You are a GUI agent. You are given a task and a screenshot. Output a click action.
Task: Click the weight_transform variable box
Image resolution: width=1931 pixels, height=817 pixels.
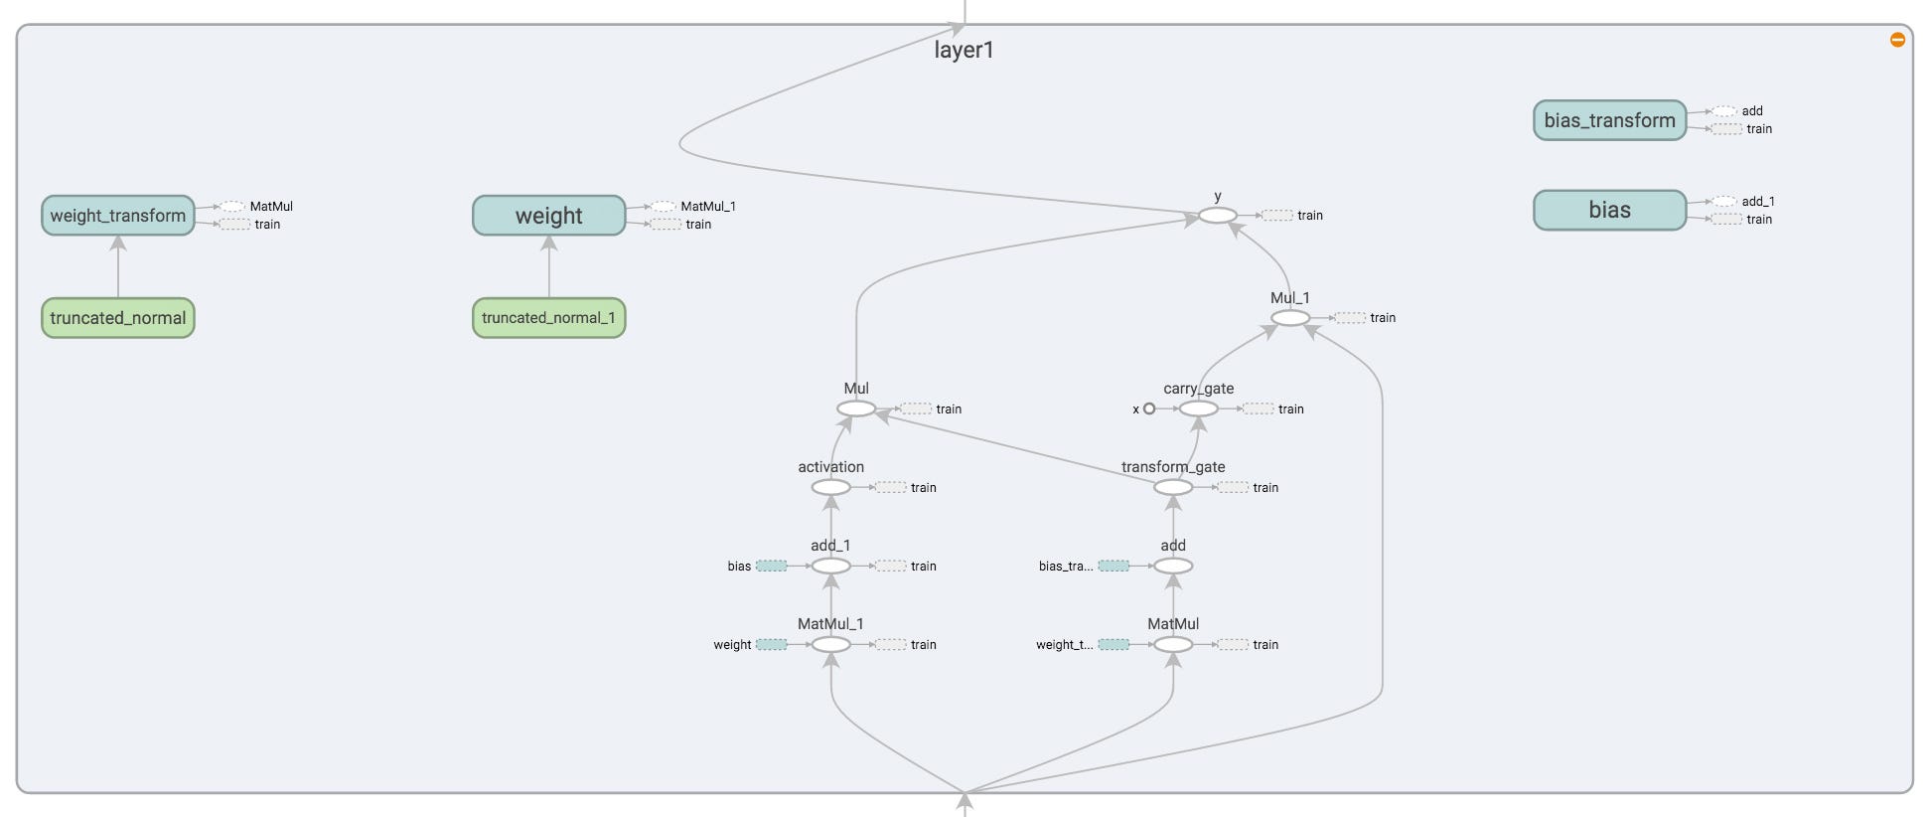point(117,216)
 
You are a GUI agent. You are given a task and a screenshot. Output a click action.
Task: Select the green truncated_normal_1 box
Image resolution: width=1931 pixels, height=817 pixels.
point(548,318)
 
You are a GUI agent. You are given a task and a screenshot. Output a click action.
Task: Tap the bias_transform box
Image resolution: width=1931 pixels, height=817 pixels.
point(1609,120)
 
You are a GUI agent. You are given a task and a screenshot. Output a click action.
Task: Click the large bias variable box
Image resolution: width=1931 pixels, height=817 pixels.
point(1609,210)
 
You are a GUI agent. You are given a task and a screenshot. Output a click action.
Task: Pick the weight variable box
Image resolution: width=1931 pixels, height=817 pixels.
point(548,216)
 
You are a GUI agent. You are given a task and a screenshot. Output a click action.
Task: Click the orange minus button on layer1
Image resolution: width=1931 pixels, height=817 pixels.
point(1897,40)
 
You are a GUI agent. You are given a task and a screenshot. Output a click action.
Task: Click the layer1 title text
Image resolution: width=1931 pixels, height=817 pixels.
point(964,50)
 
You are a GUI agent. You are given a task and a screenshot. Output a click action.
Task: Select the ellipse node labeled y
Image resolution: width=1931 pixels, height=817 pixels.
point(1218,216)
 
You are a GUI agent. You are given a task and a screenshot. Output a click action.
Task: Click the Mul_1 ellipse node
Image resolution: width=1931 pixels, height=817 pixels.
point(1290,318)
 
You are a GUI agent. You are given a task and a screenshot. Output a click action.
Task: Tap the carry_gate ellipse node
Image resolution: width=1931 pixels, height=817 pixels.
point(1198,408)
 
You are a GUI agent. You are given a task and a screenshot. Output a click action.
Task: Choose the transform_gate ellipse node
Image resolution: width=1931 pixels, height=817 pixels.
point(1173,487)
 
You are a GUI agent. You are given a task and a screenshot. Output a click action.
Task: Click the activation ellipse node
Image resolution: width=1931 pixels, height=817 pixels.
point(831,487)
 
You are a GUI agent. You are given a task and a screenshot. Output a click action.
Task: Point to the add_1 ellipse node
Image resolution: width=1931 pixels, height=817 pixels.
point(831,566)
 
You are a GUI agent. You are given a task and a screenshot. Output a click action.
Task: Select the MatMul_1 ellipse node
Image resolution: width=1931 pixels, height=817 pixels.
point(831,644)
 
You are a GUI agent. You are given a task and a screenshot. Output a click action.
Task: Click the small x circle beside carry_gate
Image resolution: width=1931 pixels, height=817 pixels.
point(1149,408)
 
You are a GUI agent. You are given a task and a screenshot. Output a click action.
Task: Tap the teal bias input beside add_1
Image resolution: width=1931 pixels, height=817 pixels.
point(772,566)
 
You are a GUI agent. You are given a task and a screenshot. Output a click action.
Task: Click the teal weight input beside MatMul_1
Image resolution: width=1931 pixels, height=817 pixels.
point(772,644)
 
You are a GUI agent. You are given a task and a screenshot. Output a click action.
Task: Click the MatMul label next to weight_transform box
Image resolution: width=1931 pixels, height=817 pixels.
point(270,207)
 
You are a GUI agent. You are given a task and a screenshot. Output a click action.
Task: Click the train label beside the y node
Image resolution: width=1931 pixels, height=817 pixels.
point(1309,216)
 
